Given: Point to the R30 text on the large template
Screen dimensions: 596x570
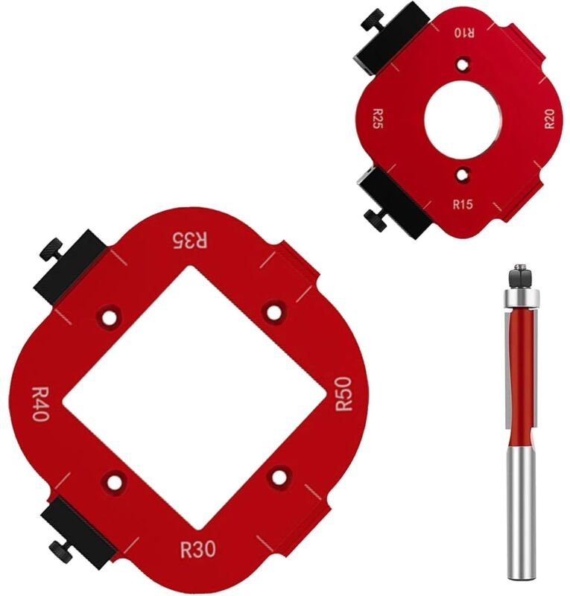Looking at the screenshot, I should (198, 550).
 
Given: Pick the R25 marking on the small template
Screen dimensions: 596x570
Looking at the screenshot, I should (379, 118).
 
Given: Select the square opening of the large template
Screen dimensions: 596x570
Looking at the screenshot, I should (194, 395).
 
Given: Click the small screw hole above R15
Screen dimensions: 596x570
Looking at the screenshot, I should (463, 176).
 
